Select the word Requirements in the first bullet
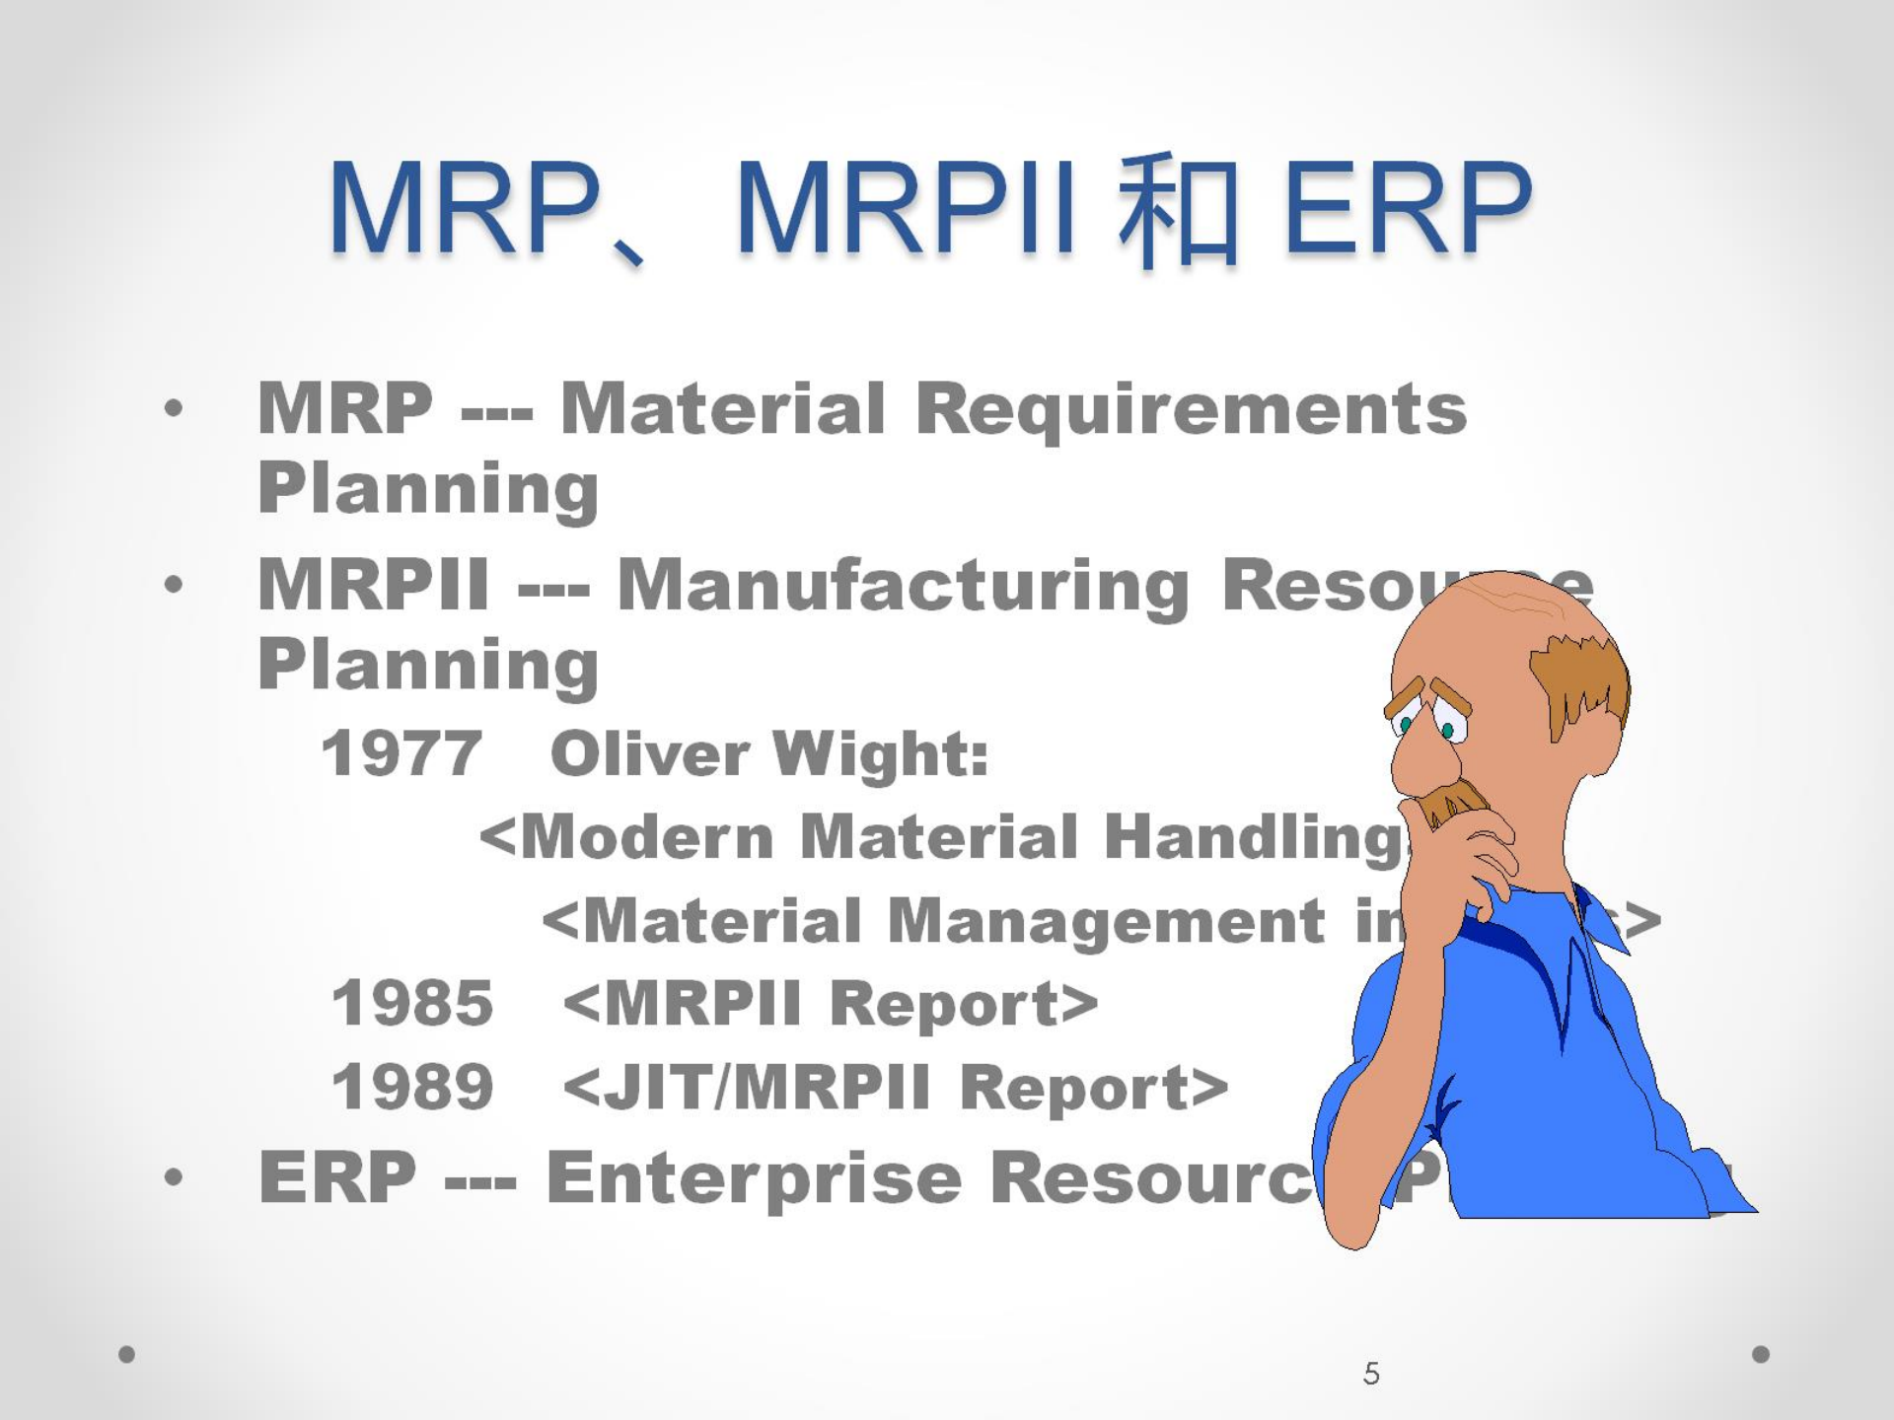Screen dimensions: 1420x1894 pyautogui.click(x=1191, y=409)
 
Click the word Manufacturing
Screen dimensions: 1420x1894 pyautogui.click(x=903, y=586)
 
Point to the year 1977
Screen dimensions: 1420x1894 pyautogui.click(x=401, y=754)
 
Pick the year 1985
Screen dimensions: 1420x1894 pyautogui.click(x=412, y=1004)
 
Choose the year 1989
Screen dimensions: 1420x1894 pyautogui.click(x=412, y=1088)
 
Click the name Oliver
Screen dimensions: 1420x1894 pyautogui.click(x=650, y=754)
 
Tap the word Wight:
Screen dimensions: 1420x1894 pyautogui.click(x=880, y=754)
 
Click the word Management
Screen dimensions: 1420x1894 pyautogui.click(x=1106, y=922)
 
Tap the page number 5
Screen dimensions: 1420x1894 pyautogui.click(x=1371, y=1374)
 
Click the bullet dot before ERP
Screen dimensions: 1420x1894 pyautogui.click(x=174, y=1176)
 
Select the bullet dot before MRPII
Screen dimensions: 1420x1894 pyautogui.click(x=174, y=585)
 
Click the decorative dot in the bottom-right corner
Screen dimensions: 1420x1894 pyautogui.click(x=1761, y=1354)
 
